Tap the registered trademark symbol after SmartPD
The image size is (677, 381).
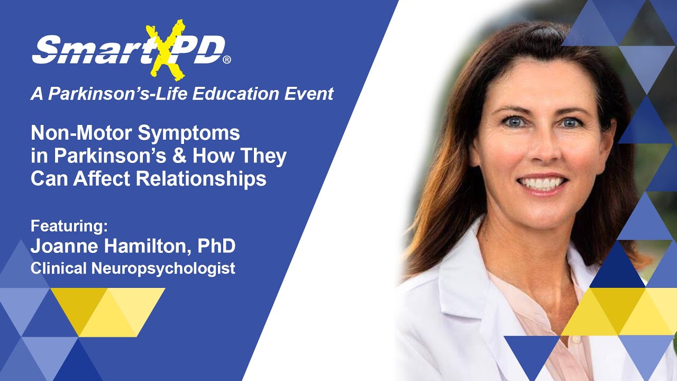click(227, 60)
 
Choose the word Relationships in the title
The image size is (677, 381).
click(202, 179)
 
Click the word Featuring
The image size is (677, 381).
click(69, 226)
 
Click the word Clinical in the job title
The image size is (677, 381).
click(59, 268)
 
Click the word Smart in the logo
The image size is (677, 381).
click(87, 51)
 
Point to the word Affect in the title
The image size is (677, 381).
click(105, 179)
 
